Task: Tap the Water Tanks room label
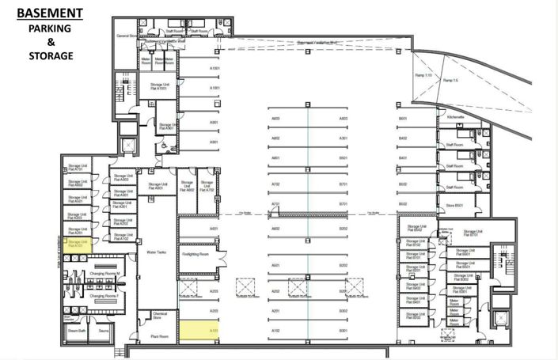tap(156, 252)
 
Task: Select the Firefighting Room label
tap(199, 255)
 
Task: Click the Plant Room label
tap(159, 336)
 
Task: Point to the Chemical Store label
tap(160, 315)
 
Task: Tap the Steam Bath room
tap(76, 332)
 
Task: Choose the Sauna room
tap(103, 332)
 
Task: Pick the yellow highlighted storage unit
tap(77, 244)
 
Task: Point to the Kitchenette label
tap(455, 116)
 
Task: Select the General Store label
tap(126, 36)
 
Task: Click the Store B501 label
tap(454, 206)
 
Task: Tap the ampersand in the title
tap(51, 42)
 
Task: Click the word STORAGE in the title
tap(51, 56)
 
